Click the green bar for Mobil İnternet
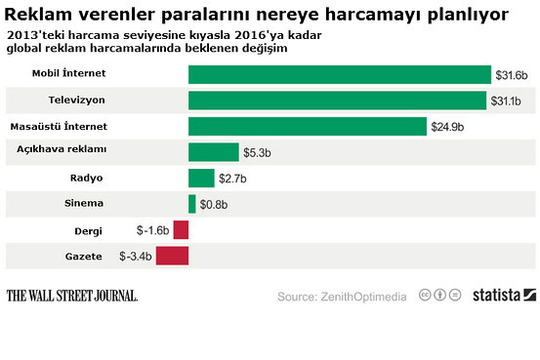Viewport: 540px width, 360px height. click(339, 75)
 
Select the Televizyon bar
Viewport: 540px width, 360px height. click(337, 100)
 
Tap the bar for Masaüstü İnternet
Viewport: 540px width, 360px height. click(307, 127)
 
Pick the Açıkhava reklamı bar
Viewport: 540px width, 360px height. click(213, 152)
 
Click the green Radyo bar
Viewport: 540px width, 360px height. click(201, 178)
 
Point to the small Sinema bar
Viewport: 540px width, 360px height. click(192, 203)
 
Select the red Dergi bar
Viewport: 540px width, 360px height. click(181, 230)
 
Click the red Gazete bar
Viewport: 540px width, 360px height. click(172, 256)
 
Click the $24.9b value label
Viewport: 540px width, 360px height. click(447, 127)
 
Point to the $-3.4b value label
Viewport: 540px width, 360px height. click(136, 256)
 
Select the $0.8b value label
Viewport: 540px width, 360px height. click(215, 204)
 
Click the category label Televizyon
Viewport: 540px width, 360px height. click(76, 100)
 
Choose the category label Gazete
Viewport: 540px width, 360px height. click(81, 257)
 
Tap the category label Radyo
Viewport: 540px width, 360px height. click(86, 178)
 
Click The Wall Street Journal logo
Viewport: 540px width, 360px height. click(71, 295)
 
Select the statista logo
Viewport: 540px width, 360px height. click(503, 295)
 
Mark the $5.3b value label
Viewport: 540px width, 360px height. click(258, 152)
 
